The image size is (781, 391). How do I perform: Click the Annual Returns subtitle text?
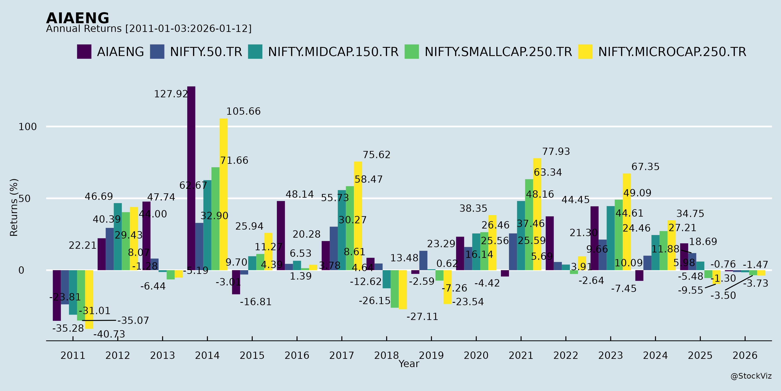(x=149, y=29)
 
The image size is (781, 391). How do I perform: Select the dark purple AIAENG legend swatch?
(x=84, y=52)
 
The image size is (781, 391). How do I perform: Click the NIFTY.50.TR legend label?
(x=206, y=52)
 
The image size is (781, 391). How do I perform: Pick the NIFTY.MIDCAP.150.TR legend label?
(x=333, y=52)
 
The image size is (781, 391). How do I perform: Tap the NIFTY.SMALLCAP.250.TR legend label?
(x=498, y=52)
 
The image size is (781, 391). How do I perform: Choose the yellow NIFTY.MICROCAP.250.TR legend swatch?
(x=585, y=52)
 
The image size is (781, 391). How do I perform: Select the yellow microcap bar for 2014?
(x=223, y=194)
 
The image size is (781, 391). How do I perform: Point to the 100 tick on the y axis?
(x=28, y=127)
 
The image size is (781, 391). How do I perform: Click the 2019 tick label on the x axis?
(x=431, y=355)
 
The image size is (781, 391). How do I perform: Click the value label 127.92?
(x=171, y=94)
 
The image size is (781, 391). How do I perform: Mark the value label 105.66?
(x=243, y=111)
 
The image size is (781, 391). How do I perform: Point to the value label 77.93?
(x=556, y=151)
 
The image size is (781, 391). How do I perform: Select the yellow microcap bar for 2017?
(x=358, y=215)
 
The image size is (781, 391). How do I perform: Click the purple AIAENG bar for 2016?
(x=281, y=235)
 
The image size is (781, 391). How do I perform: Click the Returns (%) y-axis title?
(x=14, y=207)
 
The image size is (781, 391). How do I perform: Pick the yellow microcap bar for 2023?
(x=627, y=222)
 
